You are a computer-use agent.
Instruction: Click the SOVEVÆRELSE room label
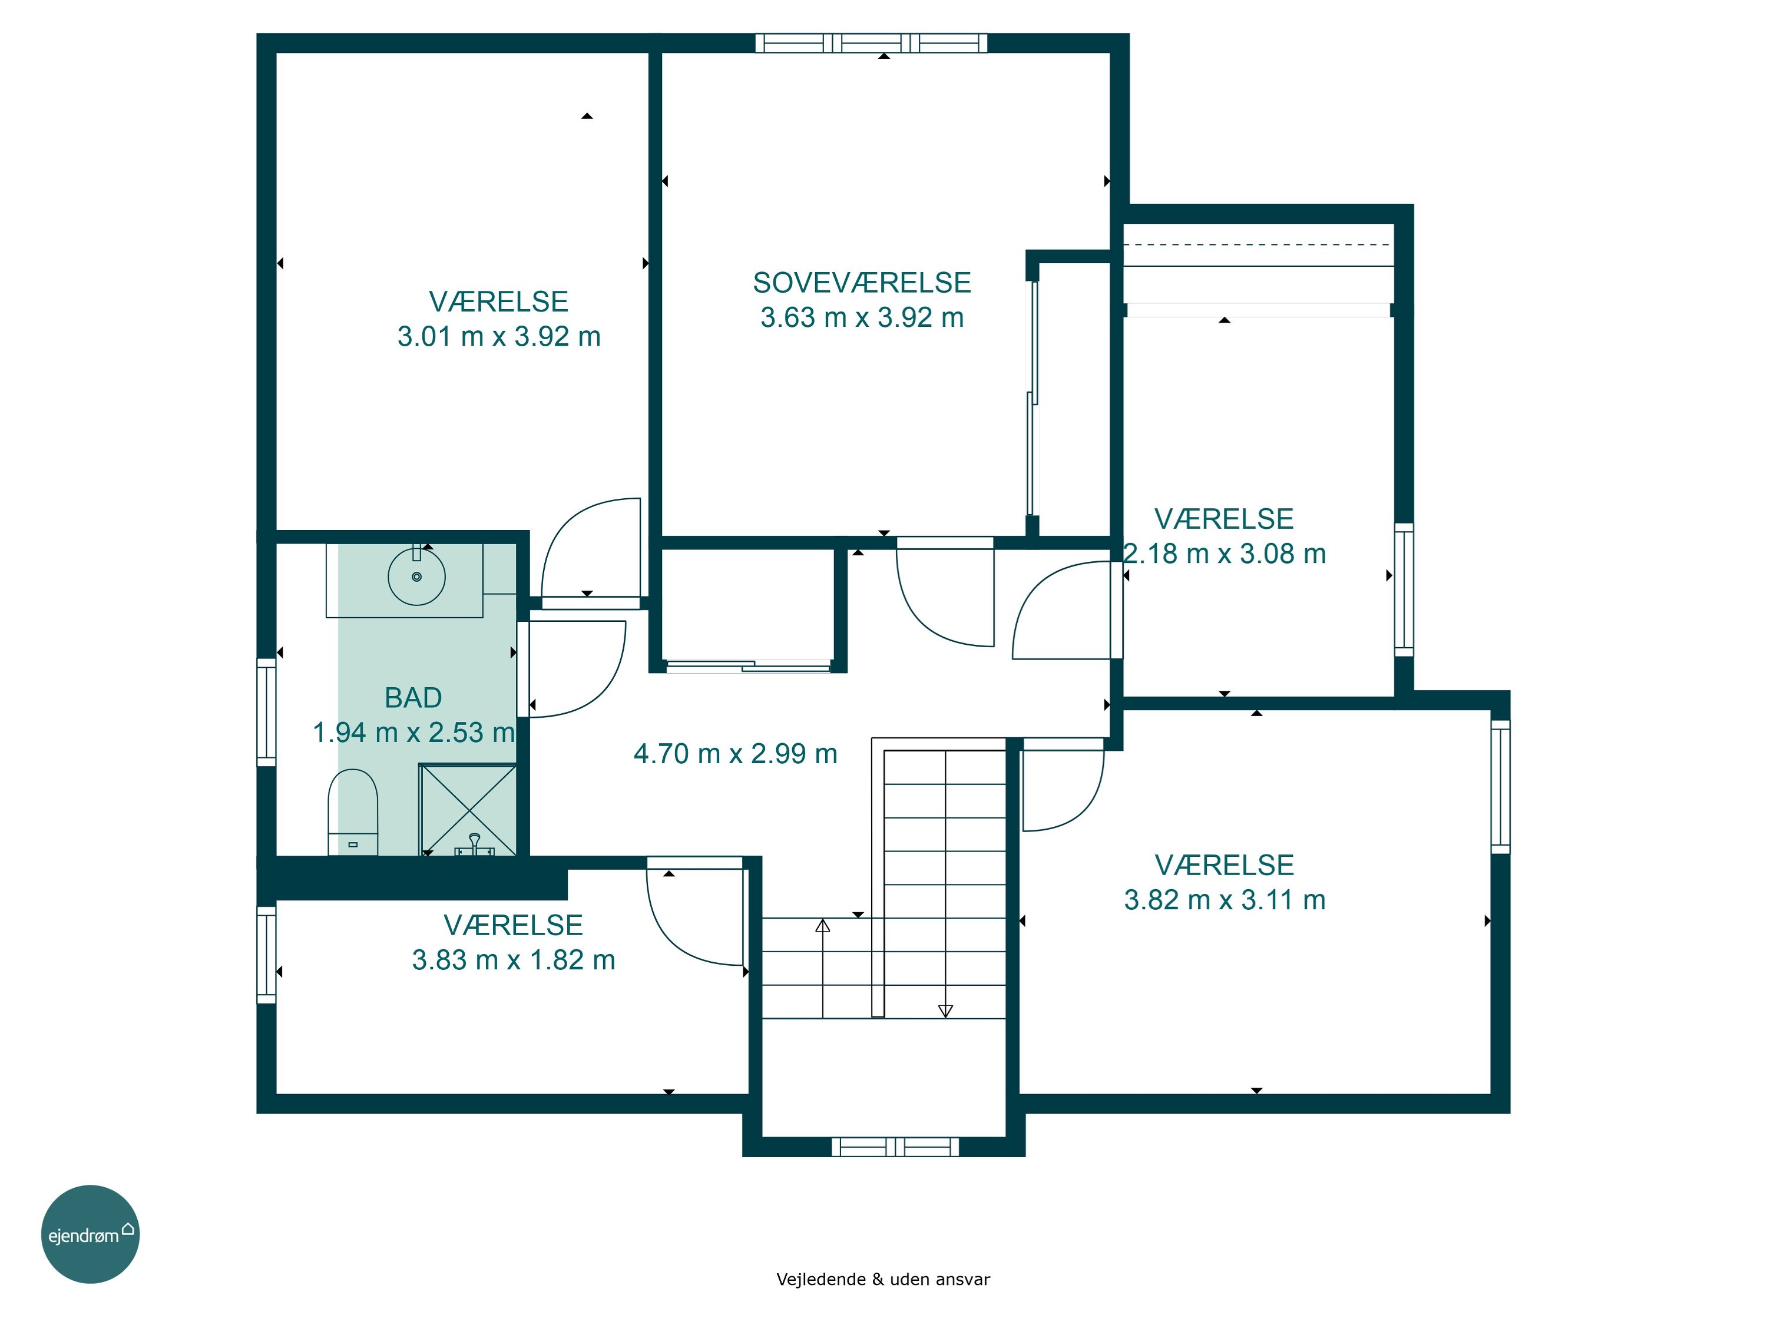coord(862,283)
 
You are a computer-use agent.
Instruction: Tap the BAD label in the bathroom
coord(413,698)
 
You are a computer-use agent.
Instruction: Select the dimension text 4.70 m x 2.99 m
coord(735,754)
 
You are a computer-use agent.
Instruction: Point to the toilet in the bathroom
coord(352,811)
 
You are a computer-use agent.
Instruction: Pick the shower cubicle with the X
coord(468,810)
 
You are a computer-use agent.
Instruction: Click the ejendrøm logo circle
coord(90,1234)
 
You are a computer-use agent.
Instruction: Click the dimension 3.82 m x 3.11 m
coord(1225,900)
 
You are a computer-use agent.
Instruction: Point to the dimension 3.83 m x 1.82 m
coord(514,960)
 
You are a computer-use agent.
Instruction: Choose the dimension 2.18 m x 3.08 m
coord(1225,554)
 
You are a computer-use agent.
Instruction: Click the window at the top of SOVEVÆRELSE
coord(872,43)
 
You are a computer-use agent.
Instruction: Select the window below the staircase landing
coord(895,1147)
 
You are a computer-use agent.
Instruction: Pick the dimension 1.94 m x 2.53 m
coord(413,733)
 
